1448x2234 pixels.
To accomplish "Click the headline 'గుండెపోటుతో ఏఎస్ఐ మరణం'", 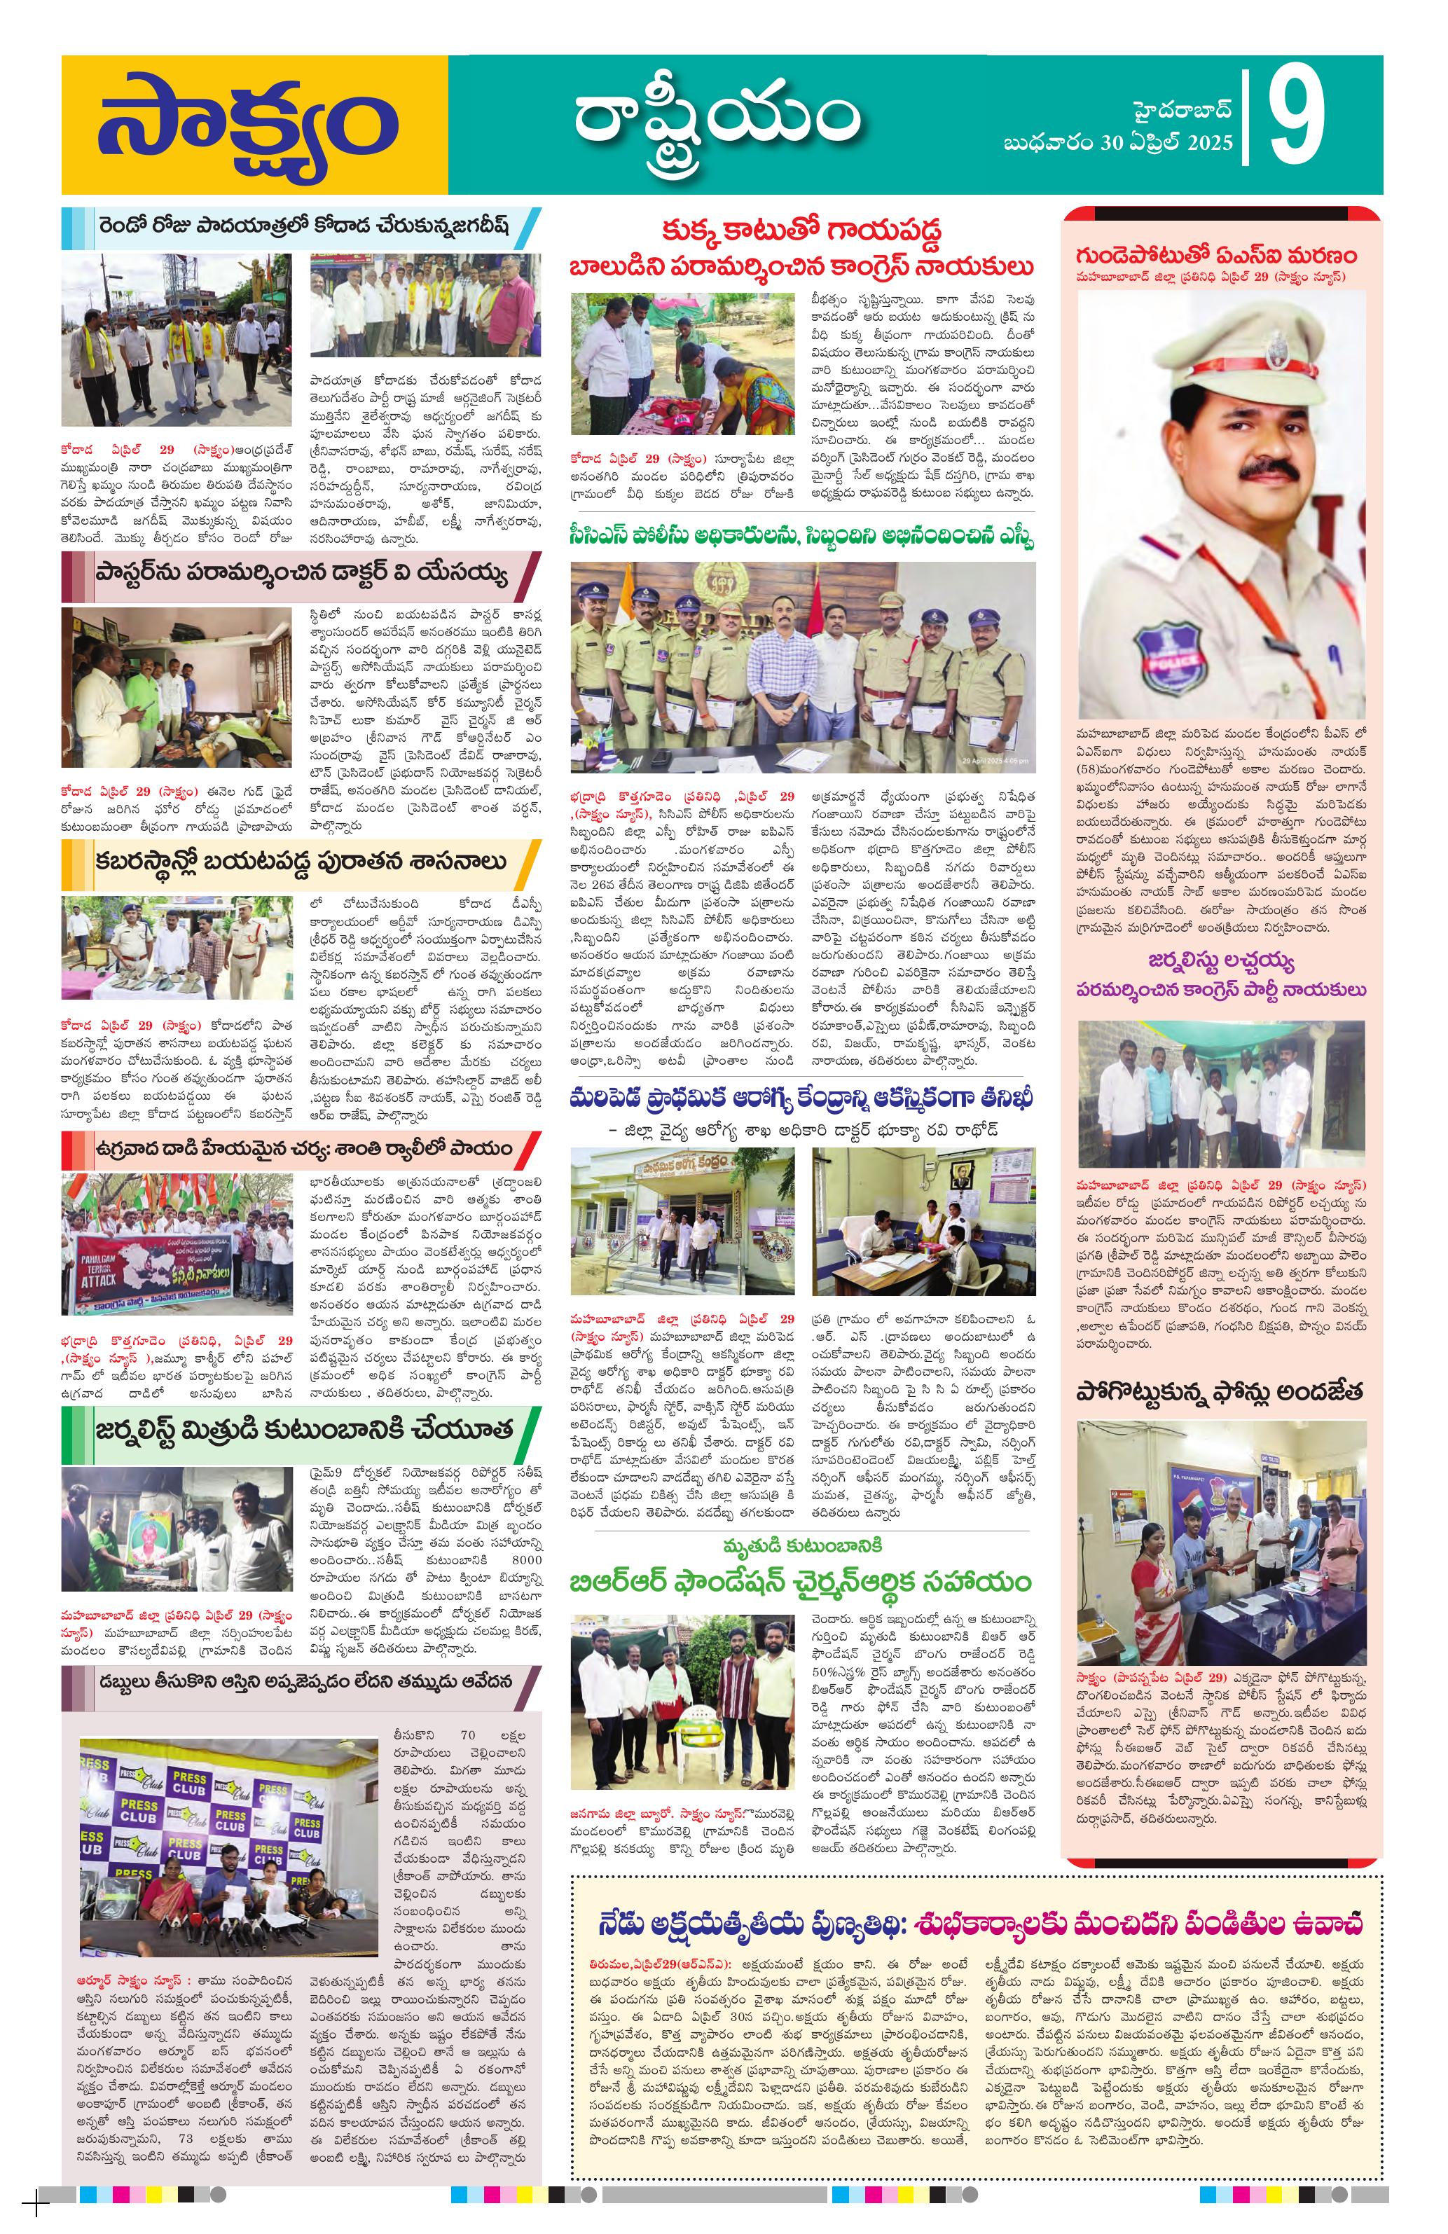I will tap(1217, 255).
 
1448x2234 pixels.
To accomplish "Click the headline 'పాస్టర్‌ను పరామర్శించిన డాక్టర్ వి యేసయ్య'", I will tap(301, 572).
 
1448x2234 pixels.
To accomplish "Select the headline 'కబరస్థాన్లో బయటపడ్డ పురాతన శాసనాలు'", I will tap(301, 862).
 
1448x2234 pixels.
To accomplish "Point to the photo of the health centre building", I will tap(682, 1220).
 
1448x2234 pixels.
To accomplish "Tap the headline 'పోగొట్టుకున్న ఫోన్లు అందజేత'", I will tap(1218, 1392).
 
